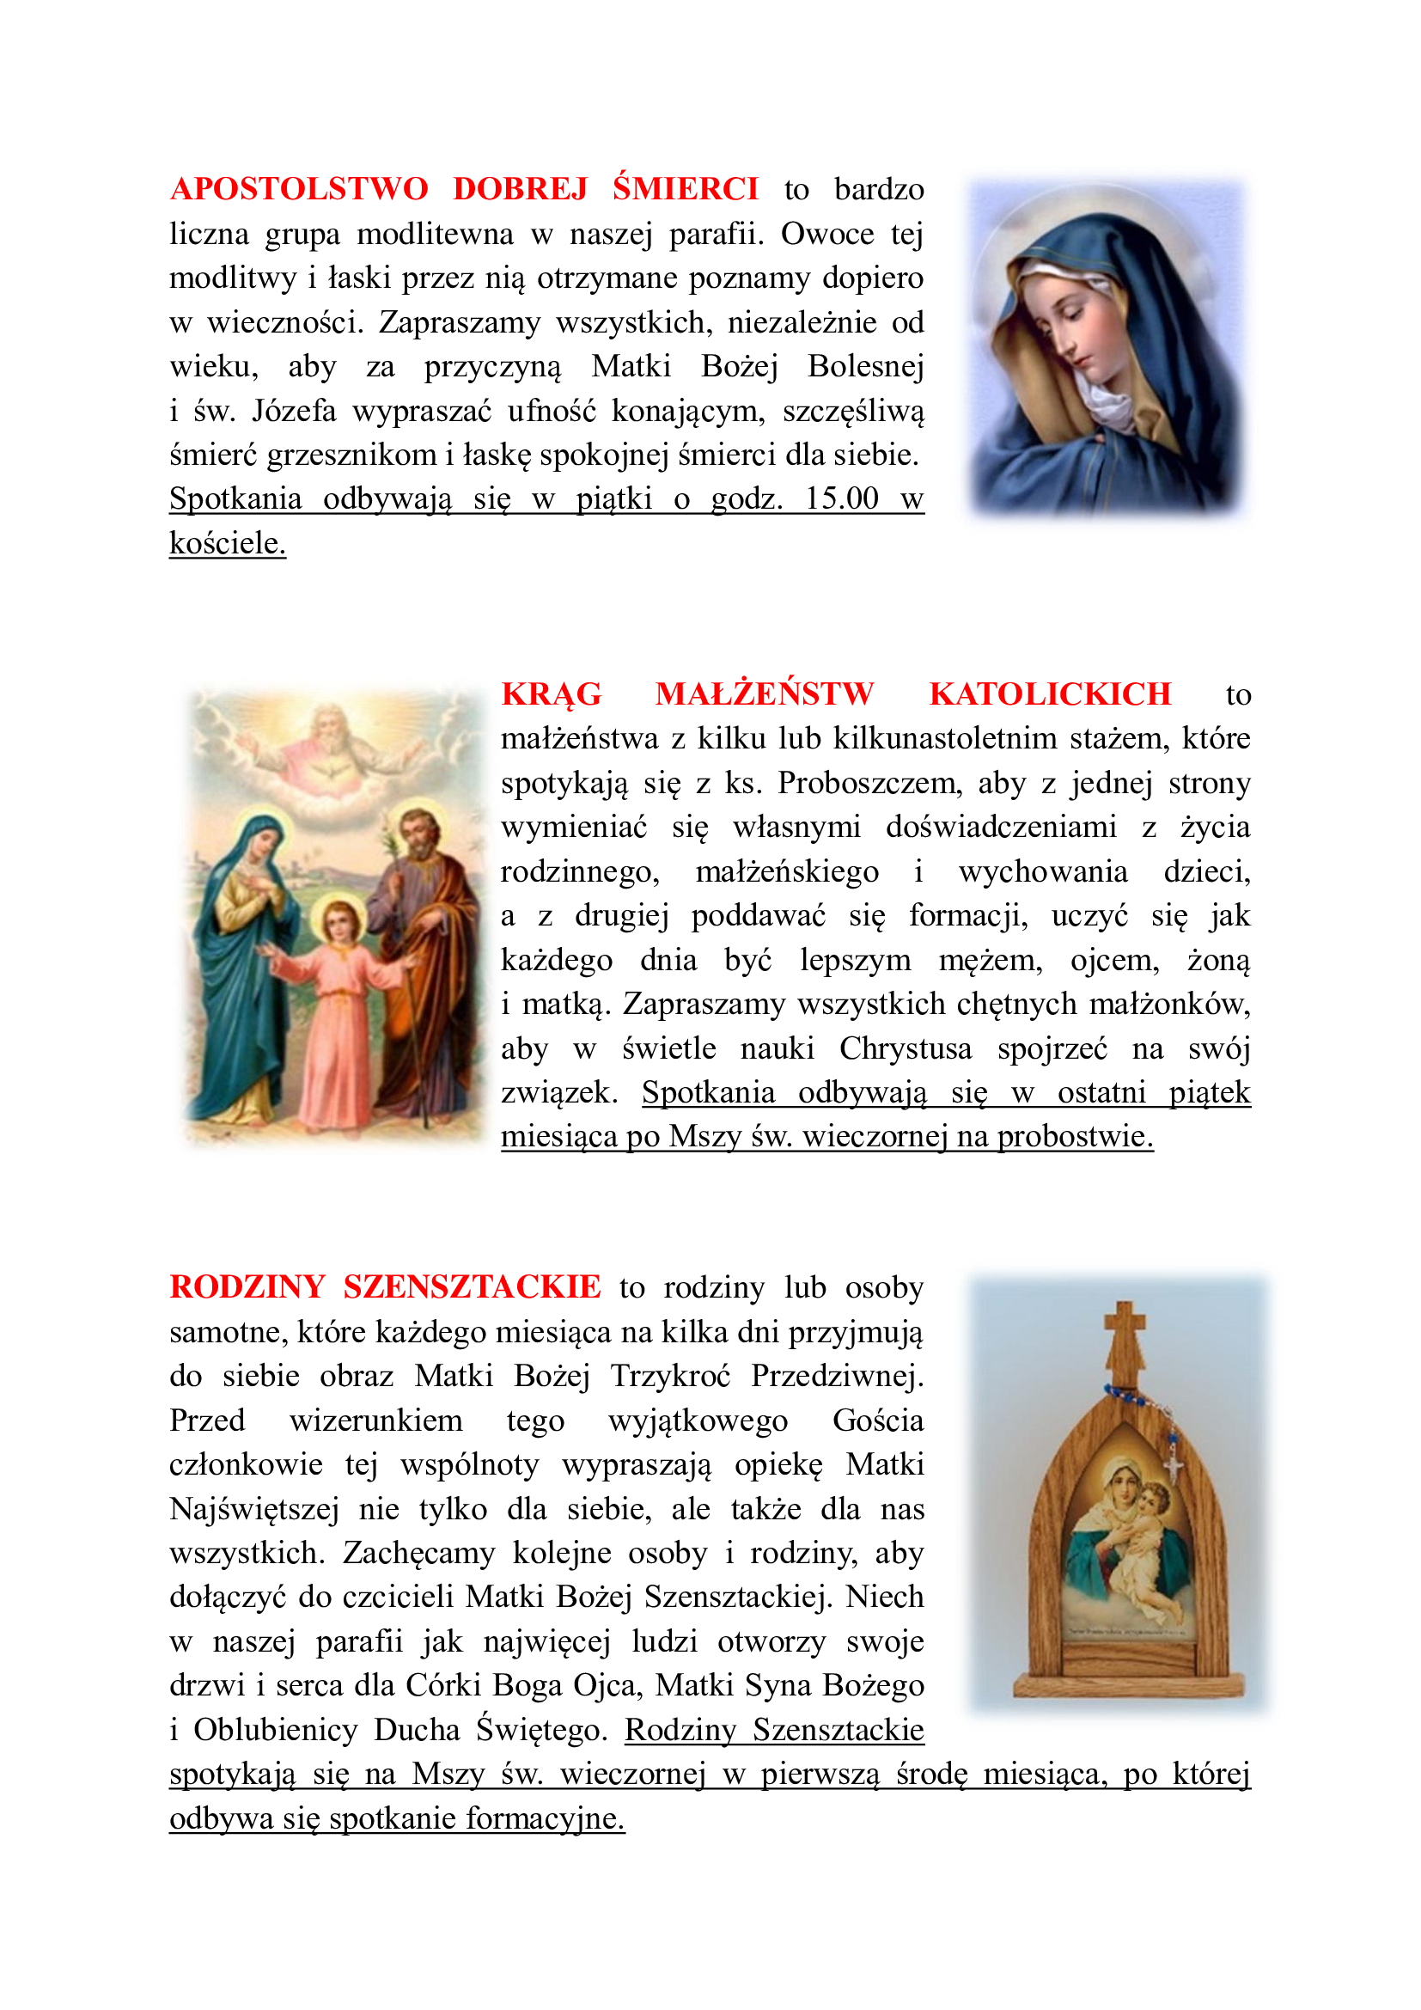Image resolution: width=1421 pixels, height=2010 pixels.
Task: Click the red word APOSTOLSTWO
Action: pos(298,189)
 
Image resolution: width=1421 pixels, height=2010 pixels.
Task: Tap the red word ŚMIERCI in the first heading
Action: pos(685,189)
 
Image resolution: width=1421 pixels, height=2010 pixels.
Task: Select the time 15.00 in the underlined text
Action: pos(841,498)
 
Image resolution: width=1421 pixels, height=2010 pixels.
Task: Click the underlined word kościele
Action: pos(228,543)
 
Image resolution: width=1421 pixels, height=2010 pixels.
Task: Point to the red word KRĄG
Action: pos(552,694)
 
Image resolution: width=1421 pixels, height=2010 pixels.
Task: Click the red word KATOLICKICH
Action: pos(1049,694)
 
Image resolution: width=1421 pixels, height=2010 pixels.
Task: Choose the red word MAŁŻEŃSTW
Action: pos(764,694)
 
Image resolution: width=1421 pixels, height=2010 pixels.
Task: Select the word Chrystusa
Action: pos(906,1048)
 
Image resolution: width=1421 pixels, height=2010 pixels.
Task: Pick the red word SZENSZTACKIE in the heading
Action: pos(472,1287)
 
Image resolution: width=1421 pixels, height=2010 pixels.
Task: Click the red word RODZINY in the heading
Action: pos(247,1287)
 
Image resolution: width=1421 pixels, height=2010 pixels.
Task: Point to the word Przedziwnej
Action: pos(837,1375)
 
